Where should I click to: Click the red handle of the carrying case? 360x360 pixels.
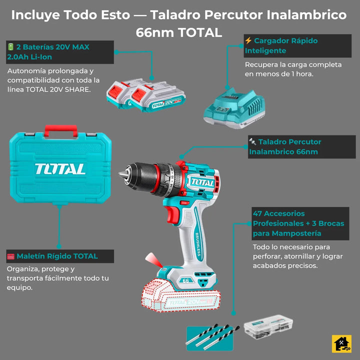tap(60, 129)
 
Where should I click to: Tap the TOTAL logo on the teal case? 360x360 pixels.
tap(60, 168)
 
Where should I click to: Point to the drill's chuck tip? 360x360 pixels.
tap(121, 175)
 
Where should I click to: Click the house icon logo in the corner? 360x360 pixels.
tap(342, 343)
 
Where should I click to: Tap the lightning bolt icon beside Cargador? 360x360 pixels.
tap(248, 41)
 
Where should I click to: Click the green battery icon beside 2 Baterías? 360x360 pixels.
tap(10, 47)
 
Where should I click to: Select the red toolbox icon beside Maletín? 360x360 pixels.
tap(10, 256)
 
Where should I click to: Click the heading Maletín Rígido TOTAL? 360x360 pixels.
tap(57, 256)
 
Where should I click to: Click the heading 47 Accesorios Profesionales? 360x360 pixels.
tap(298, 223)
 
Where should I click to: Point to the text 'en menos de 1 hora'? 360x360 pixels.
tap(279, 74)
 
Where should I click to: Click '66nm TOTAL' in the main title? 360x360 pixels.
tap(179, 33)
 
